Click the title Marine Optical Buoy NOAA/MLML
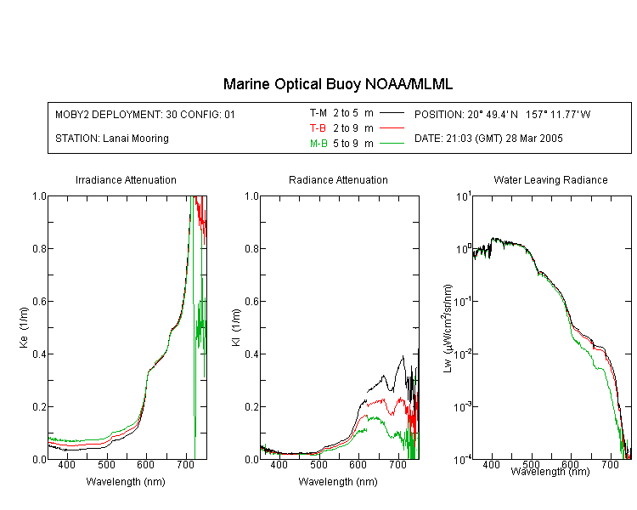click(338, 84)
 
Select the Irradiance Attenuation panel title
click(126, 179)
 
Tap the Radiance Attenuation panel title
click(338, 179)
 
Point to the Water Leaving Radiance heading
click(550, 179)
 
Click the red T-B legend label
click(318, 128)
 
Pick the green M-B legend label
click(318, 143)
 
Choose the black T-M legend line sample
click(392, 113)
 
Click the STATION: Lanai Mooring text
click(112, 139)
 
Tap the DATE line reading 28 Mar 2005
click(488, 139)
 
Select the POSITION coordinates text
click(503, 114)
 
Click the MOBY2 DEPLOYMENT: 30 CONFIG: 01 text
click(145, 114)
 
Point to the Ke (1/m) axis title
click(24, 327)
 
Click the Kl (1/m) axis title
click(236, 327)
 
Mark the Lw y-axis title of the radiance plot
click(448, 328)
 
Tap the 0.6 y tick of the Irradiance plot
click(39, 301)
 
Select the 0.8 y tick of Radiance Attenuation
click(252, 248)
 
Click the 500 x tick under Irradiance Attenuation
click(106, 464)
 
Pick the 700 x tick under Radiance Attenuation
click(397, 464)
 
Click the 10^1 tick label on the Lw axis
click(464, 196)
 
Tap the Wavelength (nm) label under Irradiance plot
click(126, 482)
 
